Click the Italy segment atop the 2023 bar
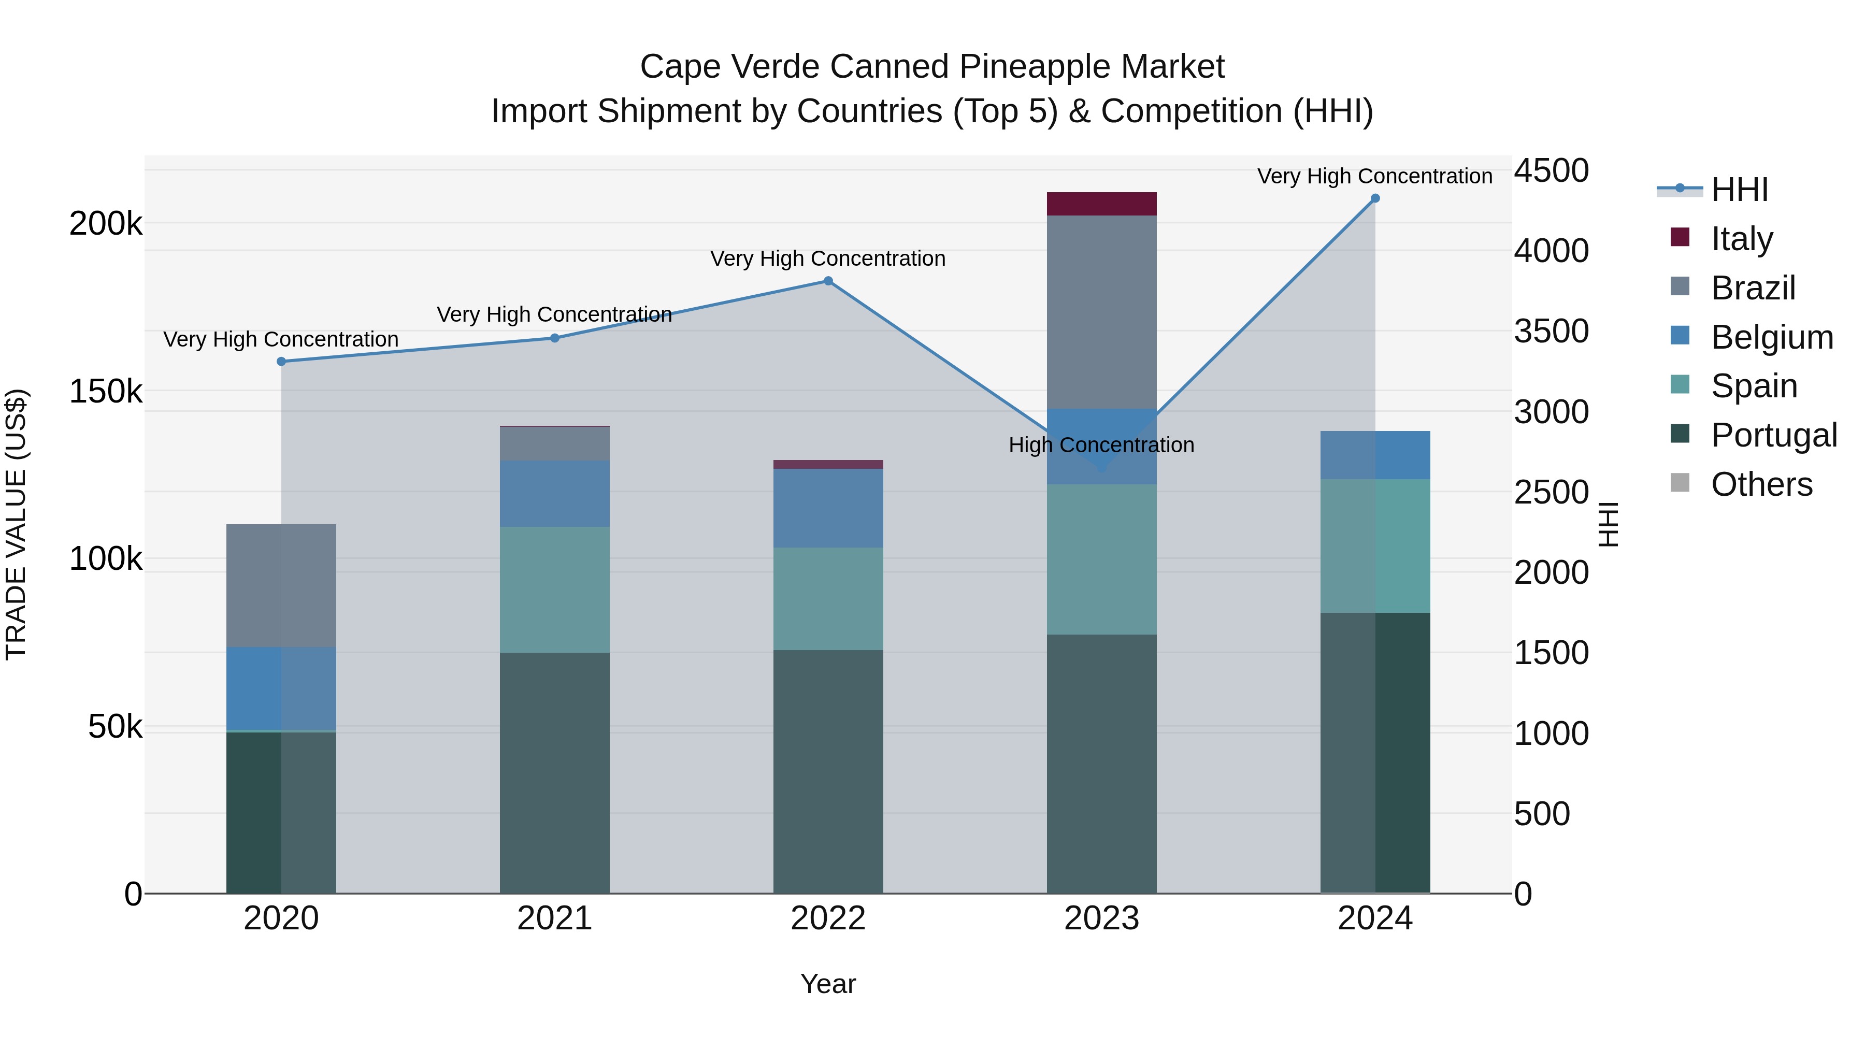[1101, 204]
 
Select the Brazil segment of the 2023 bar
[1101, 311]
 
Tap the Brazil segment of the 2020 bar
[281, 585]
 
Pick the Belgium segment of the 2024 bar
[1375, 455]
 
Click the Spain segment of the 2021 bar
[554, 590]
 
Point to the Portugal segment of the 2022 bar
[827, 771]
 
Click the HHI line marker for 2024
[1375, 198]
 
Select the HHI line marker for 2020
[281, 361]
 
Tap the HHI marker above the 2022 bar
[827, 281]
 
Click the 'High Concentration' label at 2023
[1101, 445]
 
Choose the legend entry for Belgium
[1772, 337]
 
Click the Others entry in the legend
[1761, 484]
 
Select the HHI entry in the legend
[1739, 190]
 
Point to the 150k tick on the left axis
[106, 392]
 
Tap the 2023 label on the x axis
[1101, 918]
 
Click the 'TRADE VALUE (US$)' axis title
[16, 524]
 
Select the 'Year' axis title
[827, 984]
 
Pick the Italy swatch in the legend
[1680, 237]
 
